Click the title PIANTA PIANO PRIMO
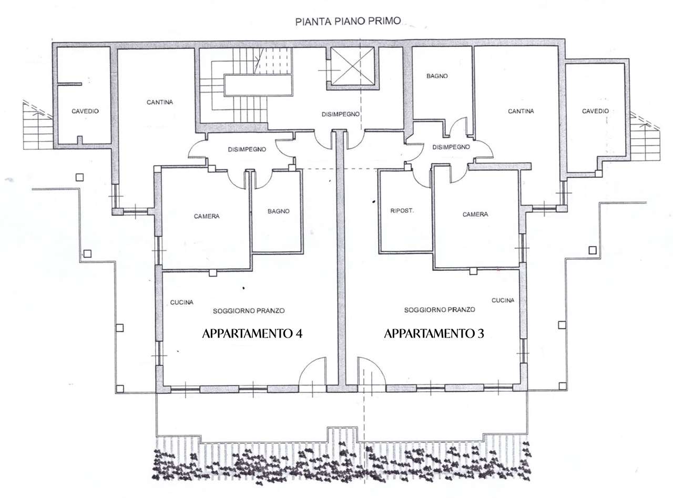click(348, 21)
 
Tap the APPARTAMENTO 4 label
click(252, 333)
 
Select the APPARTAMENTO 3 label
click(434, 333)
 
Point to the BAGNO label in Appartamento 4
click(279, 211)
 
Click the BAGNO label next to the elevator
click(437, 76)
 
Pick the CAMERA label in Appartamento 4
click(207, 216)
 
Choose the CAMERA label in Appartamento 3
click(475, 215)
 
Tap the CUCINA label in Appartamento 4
click(181, 302)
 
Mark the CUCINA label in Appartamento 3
click(503, 300)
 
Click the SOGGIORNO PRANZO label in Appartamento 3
click(440, 310)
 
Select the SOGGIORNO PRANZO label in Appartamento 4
click(249, 311)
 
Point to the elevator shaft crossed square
click(352, 66)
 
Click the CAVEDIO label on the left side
click(85, 111)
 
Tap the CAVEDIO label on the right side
click(595, 111)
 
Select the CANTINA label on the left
click(160, 102)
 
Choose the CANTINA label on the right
click(521, 111)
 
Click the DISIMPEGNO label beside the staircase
click(341, 115)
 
